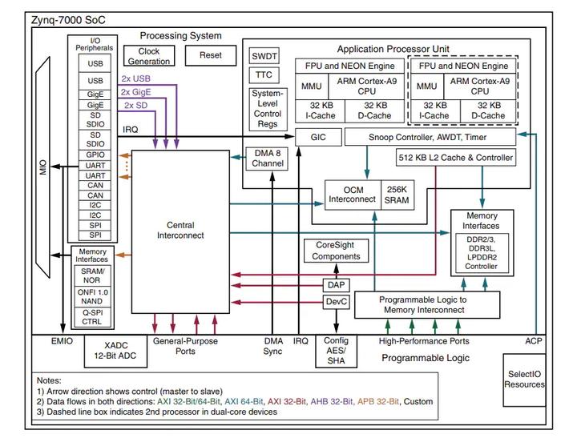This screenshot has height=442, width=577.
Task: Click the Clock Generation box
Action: (x=149, y=56)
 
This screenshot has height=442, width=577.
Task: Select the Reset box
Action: (x=210, y=55)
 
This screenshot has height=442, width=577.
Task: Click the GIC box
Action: (x=318, y=137)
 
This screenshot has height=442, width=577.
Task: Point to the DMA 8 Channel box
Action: (x=267, y=159)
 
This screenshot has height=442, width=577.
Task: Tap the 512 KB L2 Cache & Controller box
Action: (x=455, y=158)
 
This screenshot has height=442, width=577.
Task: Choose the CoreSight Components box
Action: (x=336, y=251)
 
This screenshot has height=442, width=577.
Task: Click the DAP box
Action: (x=336, y=284)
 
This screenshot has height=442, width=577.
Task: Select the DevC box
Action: (x=336, y=302)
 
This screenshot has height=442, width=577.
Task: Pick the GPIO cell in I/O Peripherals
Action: (x=95, y=154)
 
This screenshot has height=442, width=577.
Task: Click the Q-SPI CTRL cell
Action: (x=92, y=317)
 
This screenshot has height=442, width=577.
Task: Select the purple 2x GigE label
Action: (x=136, y=92)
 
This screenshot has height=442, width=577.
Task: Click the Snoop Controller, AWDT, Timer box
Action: (x=430, y=137)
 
